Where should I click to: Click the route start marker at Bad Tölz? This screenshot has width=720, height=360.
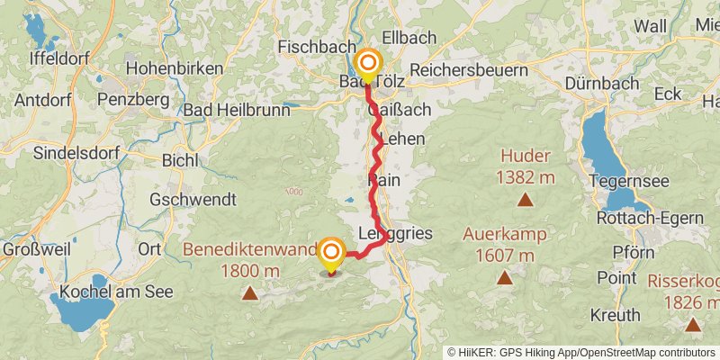click(x=368, y=64)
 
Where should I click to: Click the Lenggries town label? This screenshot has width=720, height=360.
click(x=395, y=233)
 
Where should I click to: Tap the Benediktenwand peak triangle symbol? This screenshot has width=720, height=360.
click(x=249, y=293)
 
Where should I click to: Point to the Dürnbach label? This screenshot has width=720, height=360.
click(x=603, y=83)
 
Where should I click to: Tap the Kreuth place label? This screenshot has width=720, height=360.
click(x=616, y=315)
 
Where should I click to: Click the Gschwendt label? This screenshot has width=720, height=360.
click(x=193, y=198)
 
